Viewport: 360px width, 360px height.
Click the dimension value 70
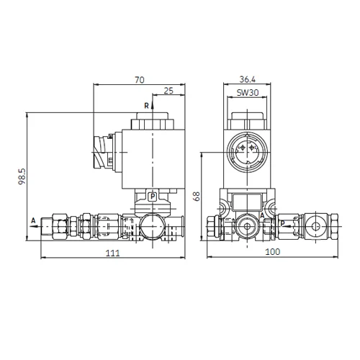[x=140, y=80]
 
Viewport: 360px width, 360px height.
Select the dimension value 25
[x=168, y=91]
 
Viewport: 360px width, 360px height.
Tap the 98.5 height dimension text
[x=22, y=176]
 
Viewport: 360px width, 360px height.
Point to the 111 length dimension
[x=113, y=253]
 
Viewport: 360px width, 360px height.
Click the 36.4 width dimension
[x=248, y=79]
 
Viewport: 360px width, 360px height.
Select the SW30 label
[x=248, y=93]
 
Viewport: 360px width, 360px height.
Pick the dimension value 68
[x=197, y=197]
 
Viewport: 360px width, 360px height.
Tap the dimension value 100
[x=272, y=252]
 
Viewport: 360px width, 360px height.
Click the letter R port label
[x=146, y=106]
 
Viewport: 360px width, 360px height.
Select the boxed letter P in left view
[x=153, y=197]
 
